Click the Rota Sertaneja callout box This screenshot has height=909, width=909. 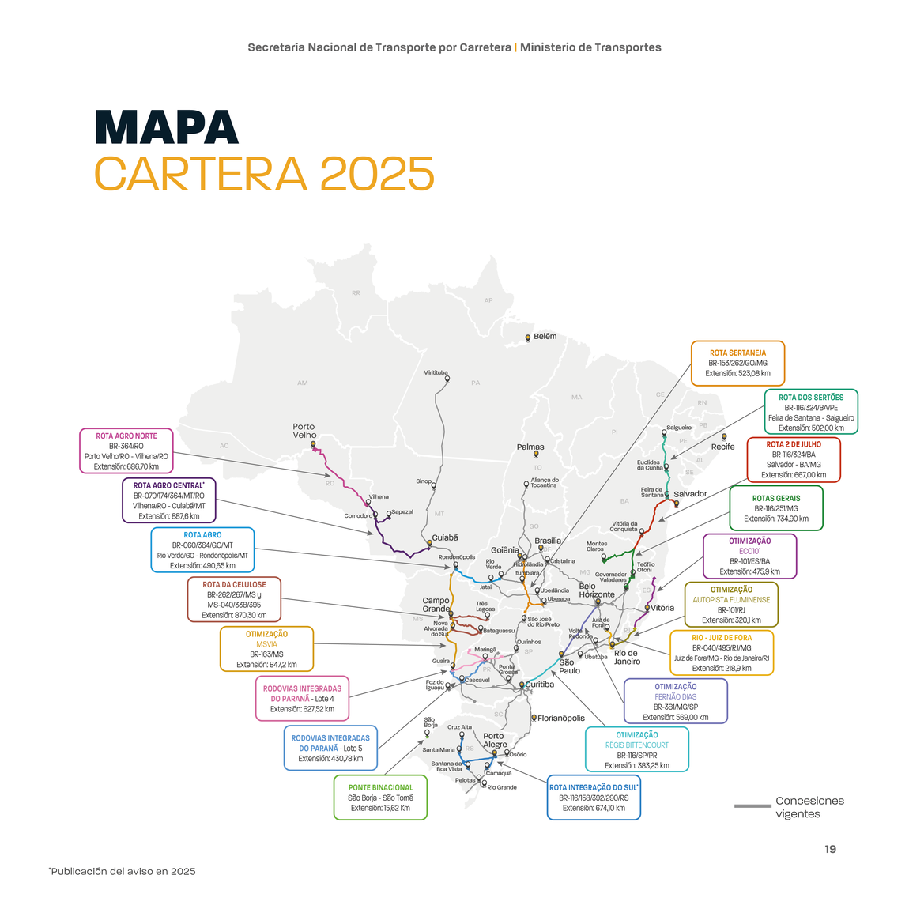(x=737, y=364)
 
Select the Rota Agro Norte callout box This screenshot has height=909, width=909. (x=126, y=451)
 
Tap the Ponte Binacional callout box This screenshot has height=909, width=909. (x=380, y=798)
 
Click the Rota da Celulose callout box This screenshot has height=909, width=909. (x=234, y=600)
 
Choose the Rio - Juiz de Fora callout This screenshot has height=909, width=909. (x=721, y=653)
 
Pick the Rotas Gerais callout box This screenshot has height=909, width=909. (x=775, y=508)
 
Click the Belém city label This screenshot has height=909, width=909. (x=545, y=337)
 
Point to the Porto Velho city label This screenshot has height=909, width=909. (x=304, y=431)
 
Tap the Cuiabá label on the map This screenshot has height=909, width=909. (x=445, y=538)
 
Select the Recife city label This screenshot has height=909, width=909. (x=722, y=447)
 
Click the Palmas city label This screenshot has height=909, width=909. (x=530, y=447)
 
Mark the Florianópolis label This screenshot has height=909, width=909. (x=561, y=719)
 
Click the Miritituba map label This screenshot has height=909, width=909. (x=436, y=373)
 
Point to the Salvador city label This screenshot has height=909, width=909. (x=690, y=494)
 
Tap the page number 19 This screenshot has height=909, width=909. (x=830, y=849)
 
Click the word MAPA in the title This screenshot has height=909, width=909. (x=166, y=127)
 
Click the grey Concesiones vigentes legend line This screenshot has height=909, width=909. (x=752, y=806)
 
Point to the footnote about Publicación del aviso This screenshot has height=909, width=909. (x=123, y=871)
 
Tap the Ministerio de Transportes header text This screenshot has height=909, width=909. (x=590, y=47)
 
